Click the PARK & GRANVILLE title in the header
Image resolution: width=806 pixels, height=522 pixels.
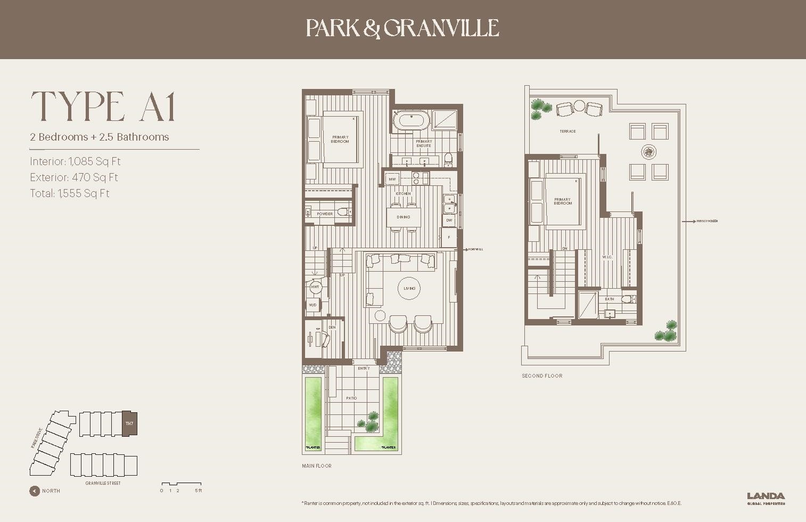pos(402,28)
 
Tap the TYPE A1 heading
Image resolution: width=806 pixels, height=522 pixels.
pos(103,107)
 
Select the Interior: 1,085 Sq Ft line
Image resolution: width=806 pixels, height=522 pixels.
pos(76,161)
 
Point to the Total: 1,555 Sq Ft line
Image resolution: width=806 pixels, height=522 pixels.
pos(70,193)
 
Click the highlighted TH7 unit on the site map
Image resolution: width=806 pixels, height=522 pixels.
pos(129,424)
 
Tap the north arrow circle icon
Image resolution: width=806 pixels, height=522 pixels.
pos(35,491)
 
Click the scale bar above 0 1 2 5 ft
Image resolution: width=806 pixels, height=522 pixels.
pos(180,485)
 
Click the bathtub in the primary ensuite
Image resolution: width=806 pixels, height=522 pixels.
pos(410,121)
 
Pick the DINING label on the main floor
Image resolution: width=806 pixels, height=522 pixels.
pos(404,217)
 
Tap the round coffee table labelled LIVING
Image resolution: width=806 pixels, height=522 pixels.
pos(409,288)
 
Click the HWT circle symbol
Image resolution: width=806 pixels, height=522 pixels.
pos(315,287)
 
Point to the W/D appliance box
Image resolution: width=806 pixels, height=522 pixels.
pos(313,305)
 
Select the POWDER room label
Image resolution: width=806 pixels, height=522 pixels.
pos(325,214)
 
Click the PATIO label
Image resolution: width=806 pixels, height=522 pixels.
pos(351,398)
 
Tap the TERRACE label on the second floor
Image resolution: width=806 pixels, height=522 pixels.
pos(568,131)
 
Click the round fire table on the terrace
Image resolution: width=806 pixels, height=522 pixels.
pos(649,152)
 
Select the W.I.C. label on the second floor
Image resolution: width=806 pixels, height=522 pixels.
pos(607,257)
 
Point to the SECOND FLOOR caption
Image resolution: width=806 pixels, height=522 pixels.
pos(542,376)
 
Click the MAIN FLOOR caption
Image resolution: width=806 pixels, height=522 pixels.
pos(316,466)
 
